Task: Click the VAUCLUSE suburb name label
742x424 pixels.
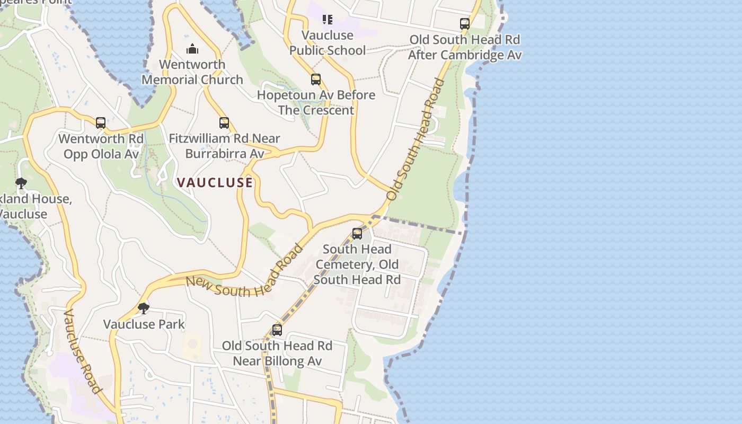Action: tap(215, 183)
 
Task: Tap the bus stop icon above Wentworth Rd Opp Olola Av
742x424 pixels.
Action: tap(101, 123)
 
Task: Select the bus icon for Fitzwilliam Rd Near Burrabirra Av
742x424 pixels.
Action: tap(224, 123)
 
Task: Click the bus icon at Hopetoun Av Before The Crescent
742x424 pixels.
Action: tap(316, 79)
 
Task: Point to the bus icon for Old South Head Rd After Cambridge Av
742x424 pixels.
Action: tap(465, 24)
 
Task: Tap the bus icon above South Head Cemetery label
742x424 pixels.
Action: tap(357, 234)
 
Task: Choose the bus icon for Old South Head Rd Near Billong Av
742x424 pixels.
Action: tap(277, 330)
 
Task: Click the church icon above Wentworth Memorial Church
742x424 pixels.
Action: tap(192, 49)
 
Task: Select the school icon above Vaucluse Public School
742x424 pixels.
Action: tap(328, 20)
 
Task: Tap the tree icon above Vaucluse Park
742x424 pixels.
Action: tap(143, 308)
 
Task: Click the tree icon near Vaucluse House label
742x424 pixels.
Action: tap(21, 184)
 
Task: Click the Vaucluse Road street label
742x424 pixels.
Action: tap(82, 351)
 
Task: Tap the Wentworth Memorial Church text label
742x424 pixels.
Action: tap(192, 72)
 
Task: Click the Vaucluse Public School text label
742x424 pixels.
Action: tap(328, 43)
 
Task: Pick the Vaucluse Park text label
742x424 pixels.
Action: tap(144, 324)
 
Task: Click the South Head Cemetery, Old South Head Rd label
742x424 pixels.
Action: tap(357, 264)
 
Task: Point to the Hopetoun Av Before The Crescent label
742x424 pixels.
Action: tap(316, 103)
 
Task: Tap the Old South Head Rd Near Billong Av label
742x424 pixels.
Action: tap(277, 354)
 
